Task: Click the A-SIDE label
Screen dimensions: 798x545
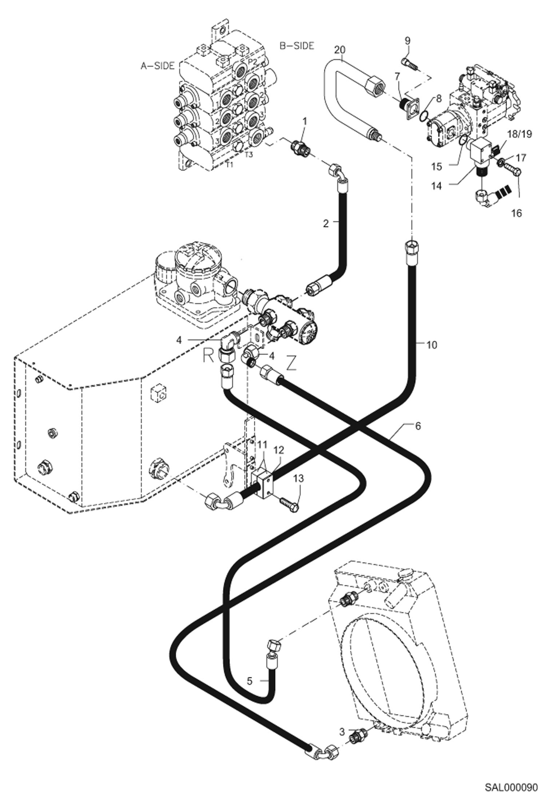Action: point(157,66)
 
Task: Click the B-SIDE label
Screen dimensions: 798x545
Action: point(297,46)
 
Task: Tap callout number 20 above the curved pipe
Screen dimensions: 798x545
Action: point(341,49)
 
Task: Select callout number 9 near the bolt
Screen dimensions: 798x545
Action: point(407,40)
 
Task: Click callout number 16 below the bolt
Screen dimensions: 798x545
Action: point(516,213)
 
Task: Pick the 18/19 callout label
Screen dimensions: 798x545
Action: point(520,134)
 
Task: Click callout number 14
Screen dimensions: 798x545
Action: point(437,186)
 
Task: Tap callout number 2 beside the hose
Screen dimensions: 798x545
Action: point(326,223)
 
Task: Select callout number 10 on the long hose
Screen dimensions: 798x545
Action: point(431,344)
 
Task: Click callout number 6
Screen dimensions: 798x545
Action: point(418,426)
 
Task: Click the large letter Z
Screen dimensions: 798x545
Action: point(291,364)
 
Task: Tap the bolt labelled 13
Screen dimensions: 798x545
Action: point(290,504)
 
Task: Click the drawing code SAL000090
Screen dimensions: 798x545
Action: point(511,787)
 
